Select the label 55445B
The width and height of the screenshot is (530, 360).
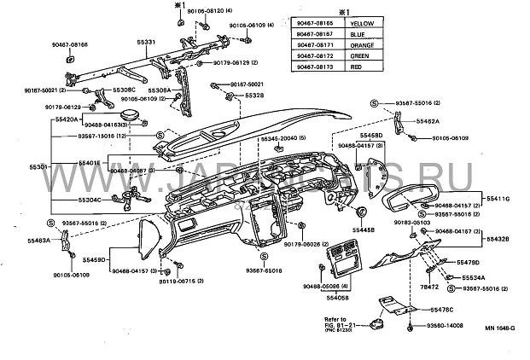[365, 229]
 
